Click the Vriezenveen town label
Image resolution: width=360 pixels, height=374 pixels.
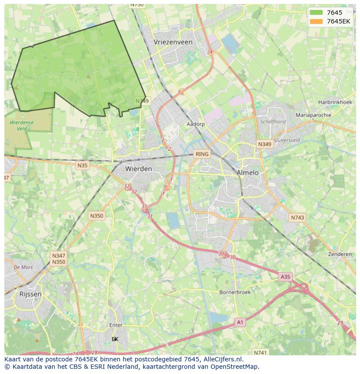pos(173,42)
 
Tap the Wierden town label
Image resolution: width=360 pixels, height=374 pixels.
pos(138,169)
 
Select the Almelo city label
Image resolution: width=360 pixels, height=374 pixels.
pos(247,172)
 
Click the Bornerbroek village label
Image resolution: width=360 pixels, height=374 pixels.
pos(235,292)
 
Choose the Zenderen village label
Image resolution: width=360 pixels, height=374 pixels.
pos(340,254)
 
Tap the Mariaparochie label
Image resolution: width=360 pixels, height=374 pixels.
pos(313,115)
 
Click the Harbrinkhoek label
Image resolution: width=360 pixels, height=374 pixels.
pos(335,102)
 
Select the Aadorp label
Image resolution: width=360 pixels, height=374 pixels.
pos(196,124)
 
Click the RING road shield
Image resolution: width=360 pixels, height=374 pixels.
pos(202,154)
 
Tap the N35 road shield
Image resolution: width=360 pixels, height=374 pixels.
pos(82,165)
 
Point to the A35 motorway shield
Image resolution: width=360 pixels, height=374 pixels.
pos(285,277)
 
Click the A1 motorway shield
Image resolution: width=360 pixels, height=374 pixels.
pos(240,322)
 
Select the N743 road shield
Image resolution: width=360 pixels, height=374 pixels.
pos(298,218)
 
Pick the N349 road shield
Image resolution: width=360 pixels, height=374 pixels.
pos(264,144)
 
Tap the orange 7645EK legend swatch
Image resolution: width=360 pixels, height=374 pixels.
pos(316,21)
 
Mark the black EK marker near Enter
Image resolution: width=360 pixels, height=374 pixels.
pos(115,339)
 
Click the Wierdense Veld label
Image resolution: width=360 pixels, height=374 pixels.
pos(18,126)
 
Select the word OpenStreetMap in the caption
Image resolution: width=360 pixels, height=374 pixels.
pos(233,367)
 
